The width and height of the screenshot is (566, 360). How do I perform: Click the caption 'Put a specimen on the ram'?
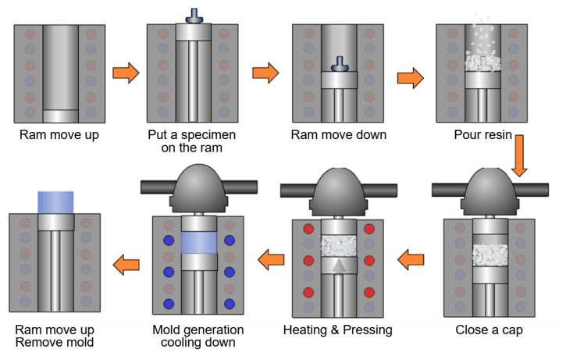click(x=192, y=141)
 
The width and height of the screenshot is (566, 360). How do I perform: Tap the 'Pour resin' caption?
click(x=483, y=134)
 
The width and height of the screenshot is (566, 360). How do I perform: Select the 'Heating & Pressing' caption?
click(x=338, y=330)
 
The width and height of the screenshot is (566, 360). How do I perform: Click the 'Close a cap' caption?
click(x=489, y=330)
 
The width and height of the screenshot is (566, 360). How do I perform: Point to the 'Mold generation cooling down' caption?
click(x=198, y=336)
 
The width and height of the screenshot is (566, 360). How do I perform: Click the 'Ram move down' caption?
click(x=339, y=134)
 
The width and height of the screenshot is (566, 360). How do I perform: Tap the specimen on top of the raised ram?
click(x=194, y=16)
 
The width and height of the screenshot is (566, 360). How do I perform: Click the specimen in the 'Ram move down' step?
click(x=340, y=64)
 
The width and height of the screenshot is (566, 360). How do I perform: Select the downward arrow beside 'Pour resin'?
click(x=519, y=155)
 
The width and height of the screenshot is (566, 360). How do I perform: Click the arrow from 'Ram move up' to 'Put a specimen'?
click(x=126, y=73)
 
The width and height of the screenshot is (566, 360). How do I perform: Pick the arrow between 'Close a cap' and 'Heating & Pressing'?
click(x=411, y=259)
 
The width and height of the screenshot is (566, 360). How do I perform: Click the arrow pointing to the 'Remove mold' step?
click(x=126, y=265)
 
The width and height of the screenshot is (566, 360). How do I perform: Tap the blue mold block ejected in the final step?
click(x=55, y=202)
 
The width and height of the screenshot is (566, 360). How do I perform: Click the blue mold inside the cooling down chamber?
click(x=199, y=243)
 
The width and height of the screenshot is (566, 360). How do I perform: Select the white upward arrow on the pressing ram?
click(x=339, y=266)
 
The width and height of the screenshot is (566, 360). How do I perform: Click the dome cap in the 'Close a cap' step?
click(x=489, y=191)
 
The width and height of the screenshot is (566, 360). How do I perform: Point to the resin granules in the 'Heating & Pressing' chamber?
click(x=339, y=246)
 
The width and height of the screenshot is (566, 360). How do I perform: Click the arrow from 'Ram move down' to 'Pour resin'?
click(x=411, y=78)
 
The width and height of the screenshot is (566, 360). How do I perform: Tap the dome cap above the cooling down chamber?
click(x=199, y=187)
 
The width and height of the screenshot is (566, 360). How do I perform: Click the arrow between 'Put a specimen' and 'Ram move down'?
click(x=265, y=73)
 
